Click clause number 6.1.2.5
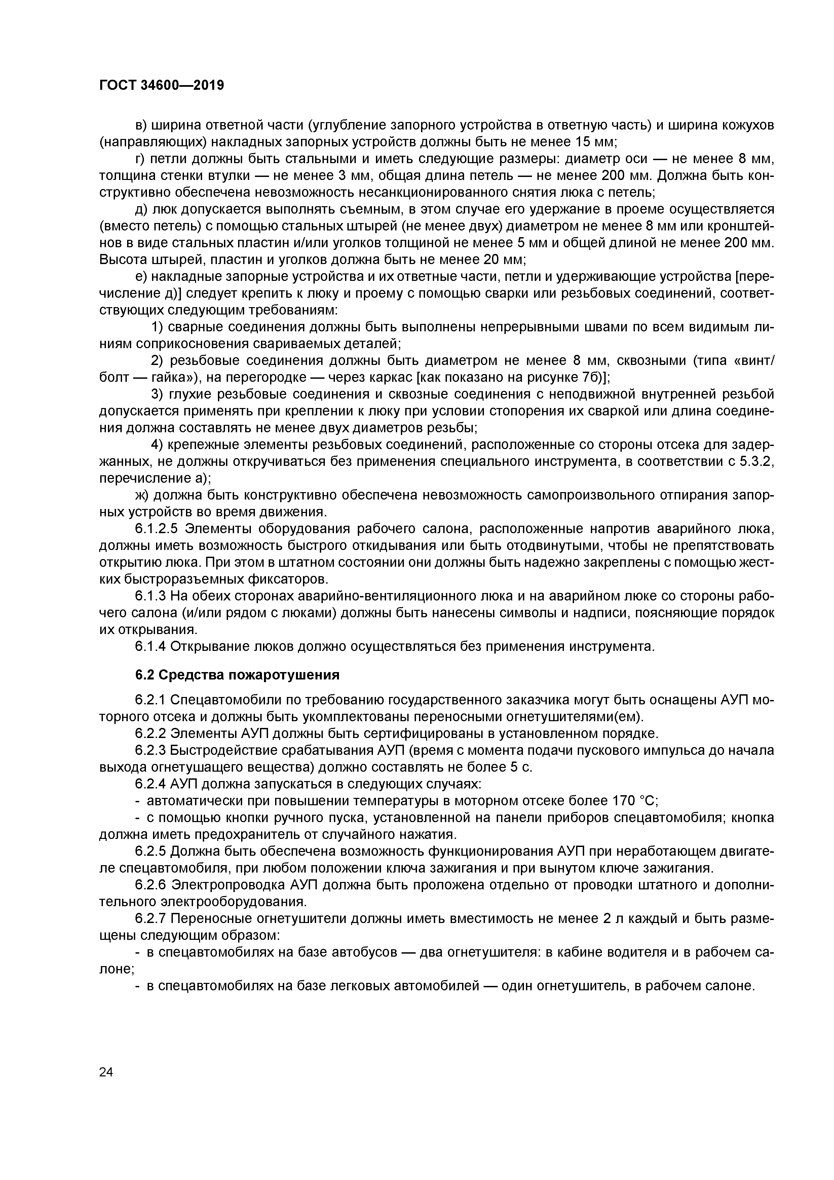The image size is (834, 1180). [x=157, y=529]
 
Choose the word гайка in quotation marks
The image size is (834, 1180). [x=172, y=378]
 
